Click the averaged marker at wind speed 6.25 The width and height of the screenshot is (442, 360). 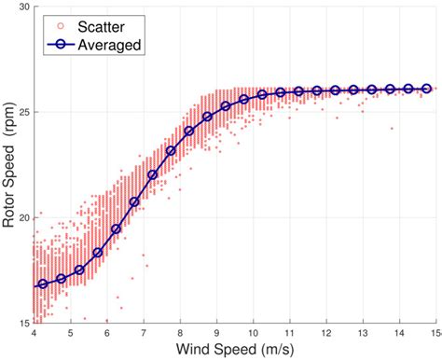117,228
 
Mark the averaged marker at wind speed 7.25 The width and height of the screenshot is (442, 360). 153,174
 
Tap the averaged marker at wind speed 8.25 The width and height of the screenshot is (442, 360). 189,132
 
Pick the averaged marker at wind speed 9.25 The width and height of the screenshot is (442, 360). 226,107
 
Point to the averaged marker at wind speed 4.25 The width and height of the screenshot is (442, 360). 43,284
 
